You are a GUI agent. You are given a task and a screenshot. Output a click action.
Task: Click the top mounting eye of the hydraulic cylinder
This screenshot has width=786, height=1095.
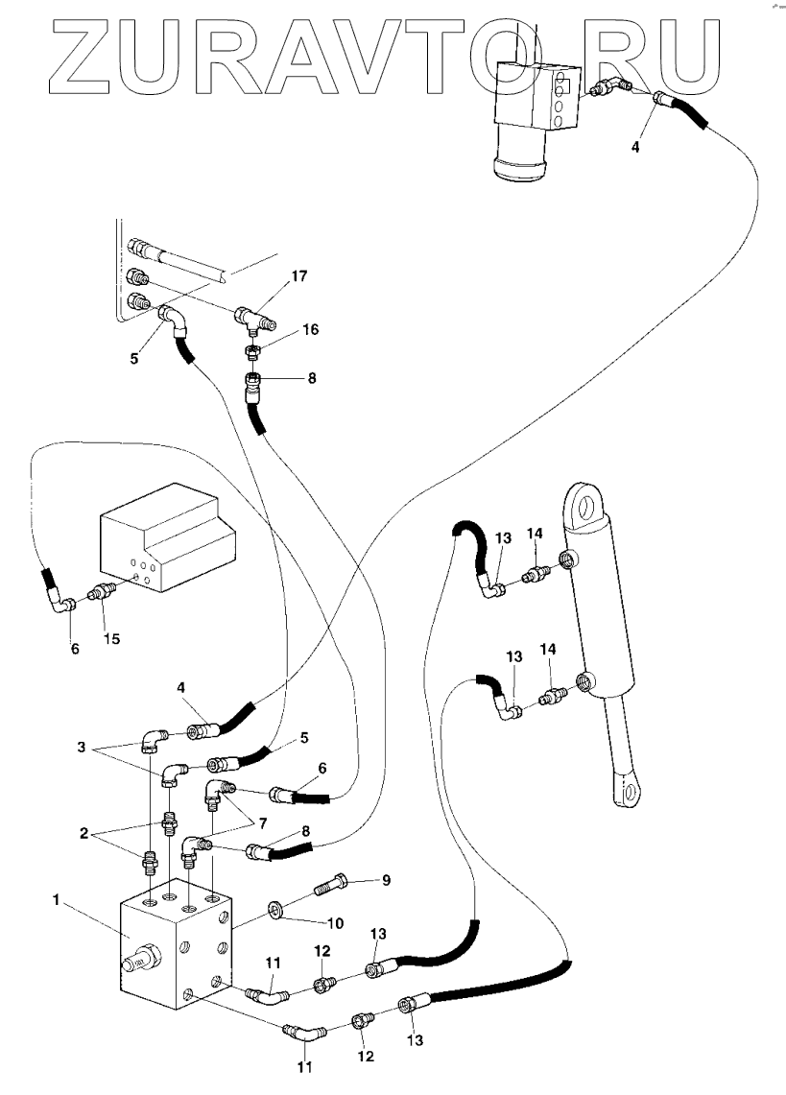[x=583, y=501]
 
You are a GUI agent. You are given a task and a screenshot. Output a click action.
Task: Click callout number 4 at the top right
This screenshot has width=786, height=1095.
[x=634, y=147]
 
